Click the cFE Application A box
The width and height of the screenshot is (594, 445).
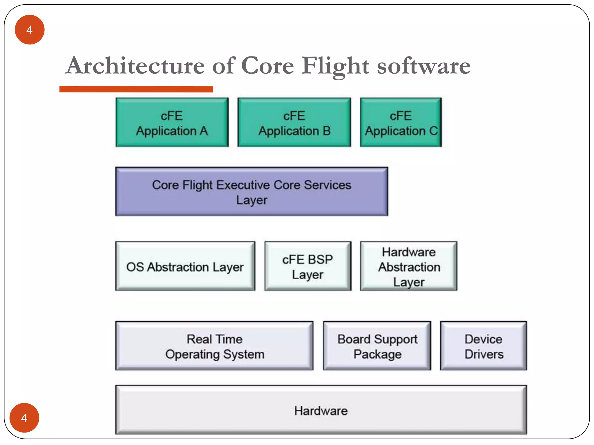(x=172, y=123)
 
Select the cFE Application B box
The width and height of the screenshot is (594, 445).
(x=294, y=123)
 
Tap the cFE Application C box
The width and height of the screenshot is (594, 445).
(x=401, y=123)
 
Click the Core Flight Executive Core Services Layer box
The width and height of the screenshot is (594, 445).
(x=251, y=192)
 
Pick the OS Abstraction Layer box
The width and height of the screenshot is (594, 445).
(x=185, y=266)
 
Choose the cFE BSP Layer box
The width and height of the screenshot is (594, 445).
(x=308, y=266)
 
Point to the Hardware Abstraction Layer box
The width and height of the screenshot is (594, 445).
(x=409, y=266)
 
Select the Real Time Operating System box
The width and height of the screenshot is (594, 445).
(x=214, y=346)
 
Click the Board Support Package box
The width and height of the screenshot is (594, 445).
(x=377, y=346)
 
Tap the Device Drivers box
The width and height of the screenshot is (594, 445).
(x=483, y=346)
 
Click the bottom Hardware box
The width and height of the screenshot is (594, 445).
(x=321, y=410)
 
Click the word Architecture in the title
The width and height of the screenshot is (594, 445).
(x=135, y=66)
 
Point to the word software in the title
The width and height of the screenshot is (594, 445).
(x=424, y=66)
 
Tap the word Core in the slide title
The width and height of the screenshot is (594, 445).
(x=267, y=66)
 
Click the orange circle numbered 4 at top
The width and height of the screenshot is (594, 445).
(x=30, y=30)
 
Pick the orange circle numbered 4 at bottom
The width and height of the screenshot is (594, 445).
(x=24, y=418)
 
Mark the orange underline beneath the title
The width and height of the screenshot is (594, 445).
(x=136, y=89)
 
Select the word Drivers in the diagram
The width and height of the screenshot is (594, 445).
(x=484, y=354)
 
